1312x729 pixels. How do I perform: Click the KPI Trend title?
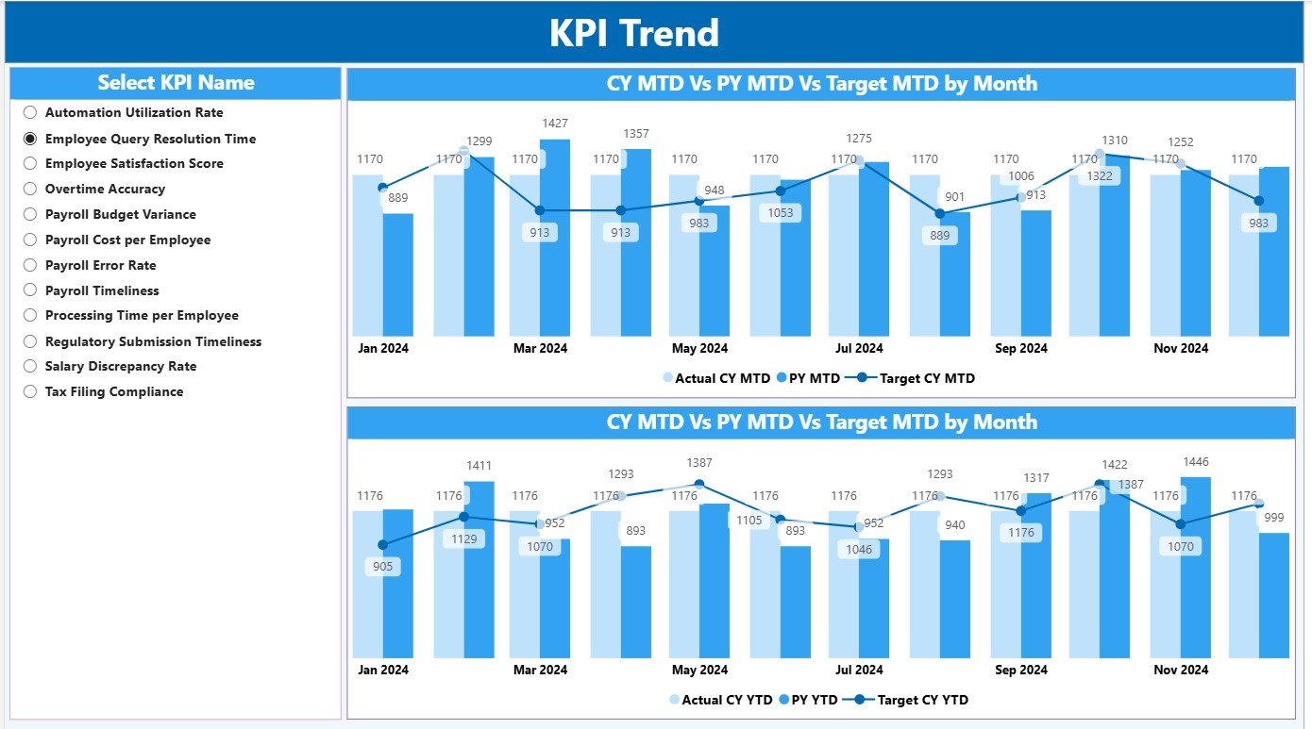pyautogui.click(x=633, y=33)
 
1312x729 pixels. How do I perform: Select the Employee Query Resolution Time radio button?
pyautogui.click(x=30, y=138)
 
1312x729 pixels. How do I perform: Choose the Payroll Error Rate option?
pyautogui.click(x=30, y=265)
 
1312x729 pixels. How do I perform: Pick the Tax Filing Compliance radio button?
pyautogui.click(x=30, y=391)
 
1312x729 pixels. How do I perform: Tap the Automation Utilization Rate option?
pyautogui.click(x=30, y=112)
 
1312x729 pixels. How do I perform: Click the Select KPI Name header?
pyautogui.click(x=176, y=83)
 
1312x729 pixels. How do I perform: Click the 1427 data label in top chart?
pyautogui.click(x=555, y=124)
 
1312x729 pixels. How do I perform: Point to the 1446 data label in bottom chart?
pyautogui.click(x=1194, y=461)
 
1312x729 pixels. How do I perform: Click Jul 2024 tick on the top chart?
pyautogui.click(x=859, y=348)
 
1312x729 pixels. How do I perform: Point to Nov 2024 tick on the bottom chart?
pyautogui.click(x=1180, y=670)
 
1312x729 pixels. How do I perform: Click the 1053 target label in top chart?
pyautogui.click(x=780, y=213)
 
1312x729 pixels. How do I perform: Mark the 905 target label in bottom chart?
pyautogui.click(x=382, y=567)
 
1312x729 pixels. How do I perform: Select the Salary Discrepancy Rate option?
pyautogui.click(x=30, y=366)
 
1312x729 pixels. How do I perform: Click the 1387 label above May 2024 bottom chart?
pyautogui.click(x=699, y=462)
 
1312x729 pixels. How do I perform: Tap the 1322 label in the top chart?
pyautogui.click(x=1100, y=176)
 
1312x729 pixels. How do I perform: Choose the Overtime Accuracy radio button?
pyautogui.click(x=30, y=189)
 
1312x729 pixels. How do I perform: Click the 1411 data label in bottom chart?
pyautogui.click(x=479, y=465)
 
